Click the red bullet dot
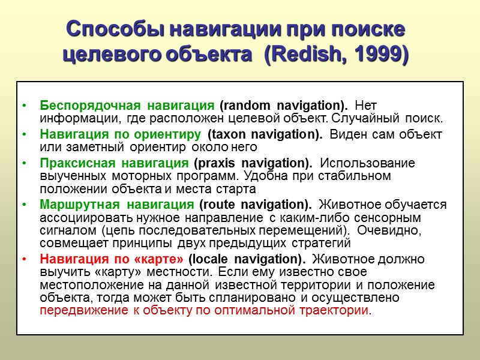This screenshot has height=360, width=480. tap(23, 259)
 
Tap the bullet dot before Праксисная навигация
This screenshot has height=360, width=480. tap(23, 163)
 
